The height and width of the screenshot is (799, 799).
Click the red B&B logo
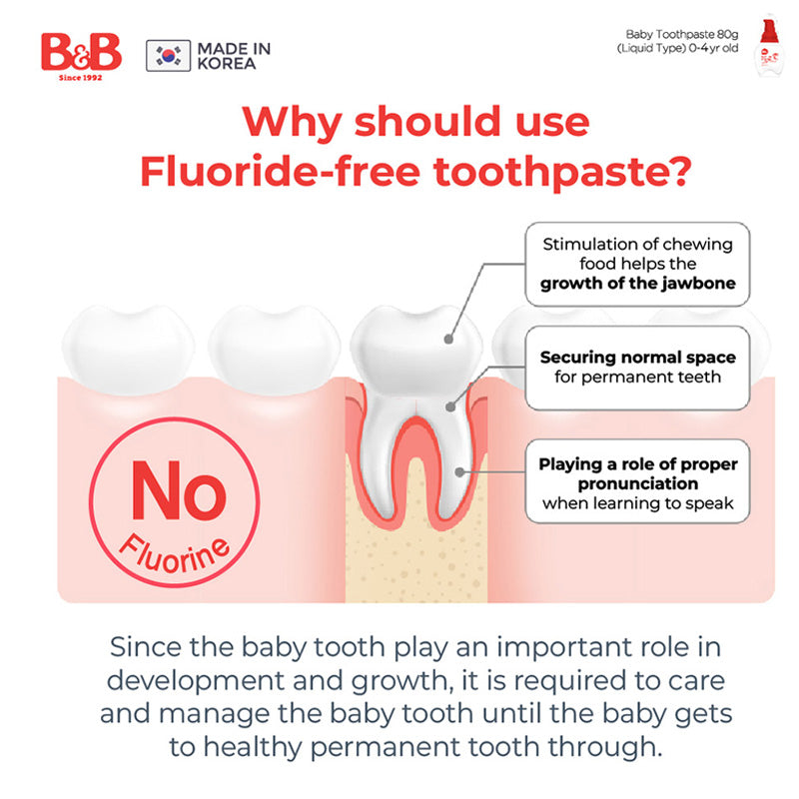pyautogui.click(x=82, y=52)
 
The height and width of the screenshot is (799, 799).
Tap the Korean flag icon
pyautogui.click(x=168, y=56)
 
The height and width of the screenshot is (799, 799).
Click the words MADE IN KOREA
pyautogui.click(x=234, y=56)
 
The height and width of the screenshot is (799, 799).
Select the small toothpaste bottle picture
pyautogui.click(x=768, y=47)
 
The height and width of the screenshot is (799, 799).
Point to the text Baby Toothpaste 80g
pyautogui.click(x=682, y=34)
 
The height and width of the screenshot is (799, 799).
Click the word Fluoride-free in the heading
pyautogui.click(x=280, y=171)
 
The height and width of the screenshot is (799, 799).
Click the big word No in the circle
pyautogui.click(x=179, y=489)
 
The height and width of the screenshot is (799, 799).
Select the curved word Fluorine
pyautogui.click(x=175, y=554)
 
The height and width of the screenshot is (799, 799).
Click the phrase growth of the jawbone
pyautogui.click(x=638, y=284)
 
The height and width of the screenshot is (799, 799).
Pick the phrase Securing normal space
pyautogui.click(x=638, y=358)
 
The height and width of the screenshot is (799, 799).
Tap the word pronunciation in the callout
pyautogui.click(x=638, y=483)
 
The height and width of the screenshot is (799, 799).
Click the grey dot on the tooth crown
pyautogui.click(x=448, y=339)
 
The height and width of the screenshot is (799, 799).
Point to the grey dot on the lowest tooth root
pyautogui.click(x=459, y=472)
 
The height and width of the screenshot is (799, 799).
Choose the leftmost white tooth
pyautogui.click(x=128, y=350)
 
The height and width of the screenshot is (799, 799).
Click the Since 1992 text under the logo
pyautogui.click(x=81, y=78)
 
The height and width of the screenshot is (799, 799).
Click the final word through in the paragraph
pyautogui.click(x=605, y=747)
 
